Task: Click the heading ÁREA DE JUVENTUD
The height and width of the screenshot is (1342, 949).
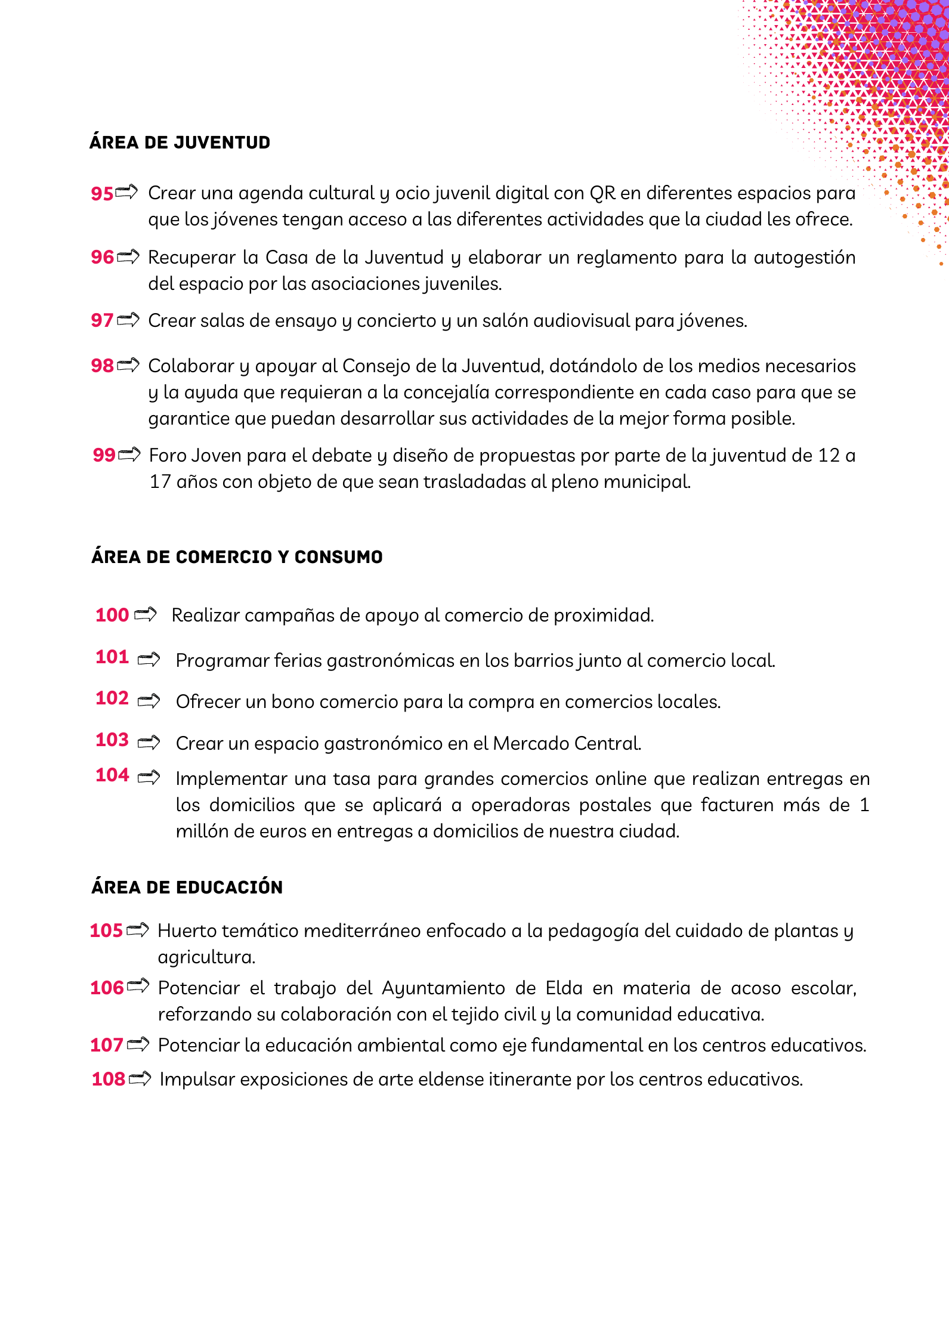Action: [180, 143]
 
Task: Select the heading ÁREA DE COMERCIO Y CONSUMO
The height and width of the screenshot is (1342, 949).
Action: [237, 557]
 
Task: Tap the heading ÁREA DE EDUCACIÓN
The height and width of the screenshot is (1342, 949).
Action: [187, 888]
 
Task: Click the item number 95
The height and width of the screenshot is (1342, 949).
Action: [101, 194]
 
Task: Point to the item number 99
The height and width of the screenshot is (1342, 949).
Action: [104, 455]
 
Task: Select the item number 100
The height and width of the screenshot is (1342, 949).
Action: [112, 615]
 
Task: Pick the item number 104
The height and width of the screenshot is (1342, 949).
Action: [112, 775]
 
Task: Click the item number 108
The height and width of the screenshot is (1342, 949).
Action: [108, 1079]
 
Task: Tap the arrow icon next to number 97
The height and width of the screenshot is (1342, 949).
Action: [128, 320]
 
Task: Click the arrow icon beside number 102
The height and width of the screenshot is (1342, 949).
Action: [149, 701]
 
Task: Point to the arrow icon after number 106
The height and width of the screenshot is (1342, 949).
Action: [138, 987]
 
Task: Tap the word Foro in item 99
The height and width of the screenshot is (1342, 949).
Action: [168, 456]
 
